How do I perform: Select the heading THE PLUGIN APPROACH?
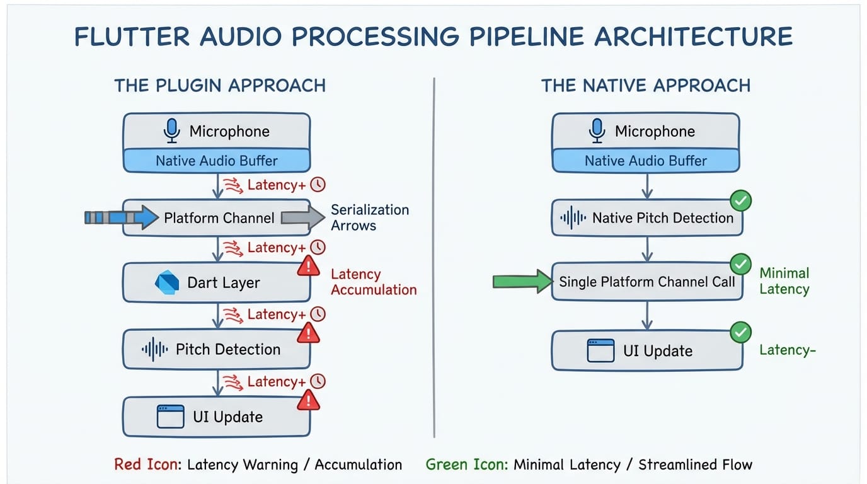(x=220, y=86)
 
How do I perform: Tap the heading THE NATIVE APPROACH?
(x=646, y=86)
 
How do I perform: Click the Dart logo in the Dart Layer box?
(x=167, y=282)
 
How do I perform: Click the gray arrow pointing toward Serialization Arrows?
(x=301, y=217)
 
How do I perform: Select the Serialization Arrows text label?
(x=369, y=217)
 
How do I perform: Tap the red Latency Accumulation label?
(x=373, y=282)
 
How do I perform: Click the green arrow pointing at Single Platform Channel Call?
(x=521, y=281)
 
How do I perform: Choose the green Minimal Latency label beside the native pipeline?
(x=784, y=281)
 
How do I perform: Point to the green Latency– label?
(x=788, y=350)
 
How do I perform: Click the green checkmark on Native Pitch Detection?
(x=740, y=201)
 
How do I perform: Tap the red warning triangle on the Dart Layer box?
(x=308, y=267)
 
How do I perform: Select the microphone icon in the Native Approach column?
(x=596, y=130)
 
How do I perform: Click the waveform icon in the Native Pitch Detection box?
(x=573, y=219)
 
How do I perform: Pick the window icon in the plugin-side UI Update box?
(x=170, y=417)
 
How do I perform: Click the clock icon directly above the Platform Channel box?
(x=318, y=185)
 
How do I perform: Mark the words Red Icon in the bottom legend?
(x=146, y=465)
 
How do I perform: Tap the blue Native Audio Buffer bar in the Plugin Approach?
(x=216, y=161)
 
